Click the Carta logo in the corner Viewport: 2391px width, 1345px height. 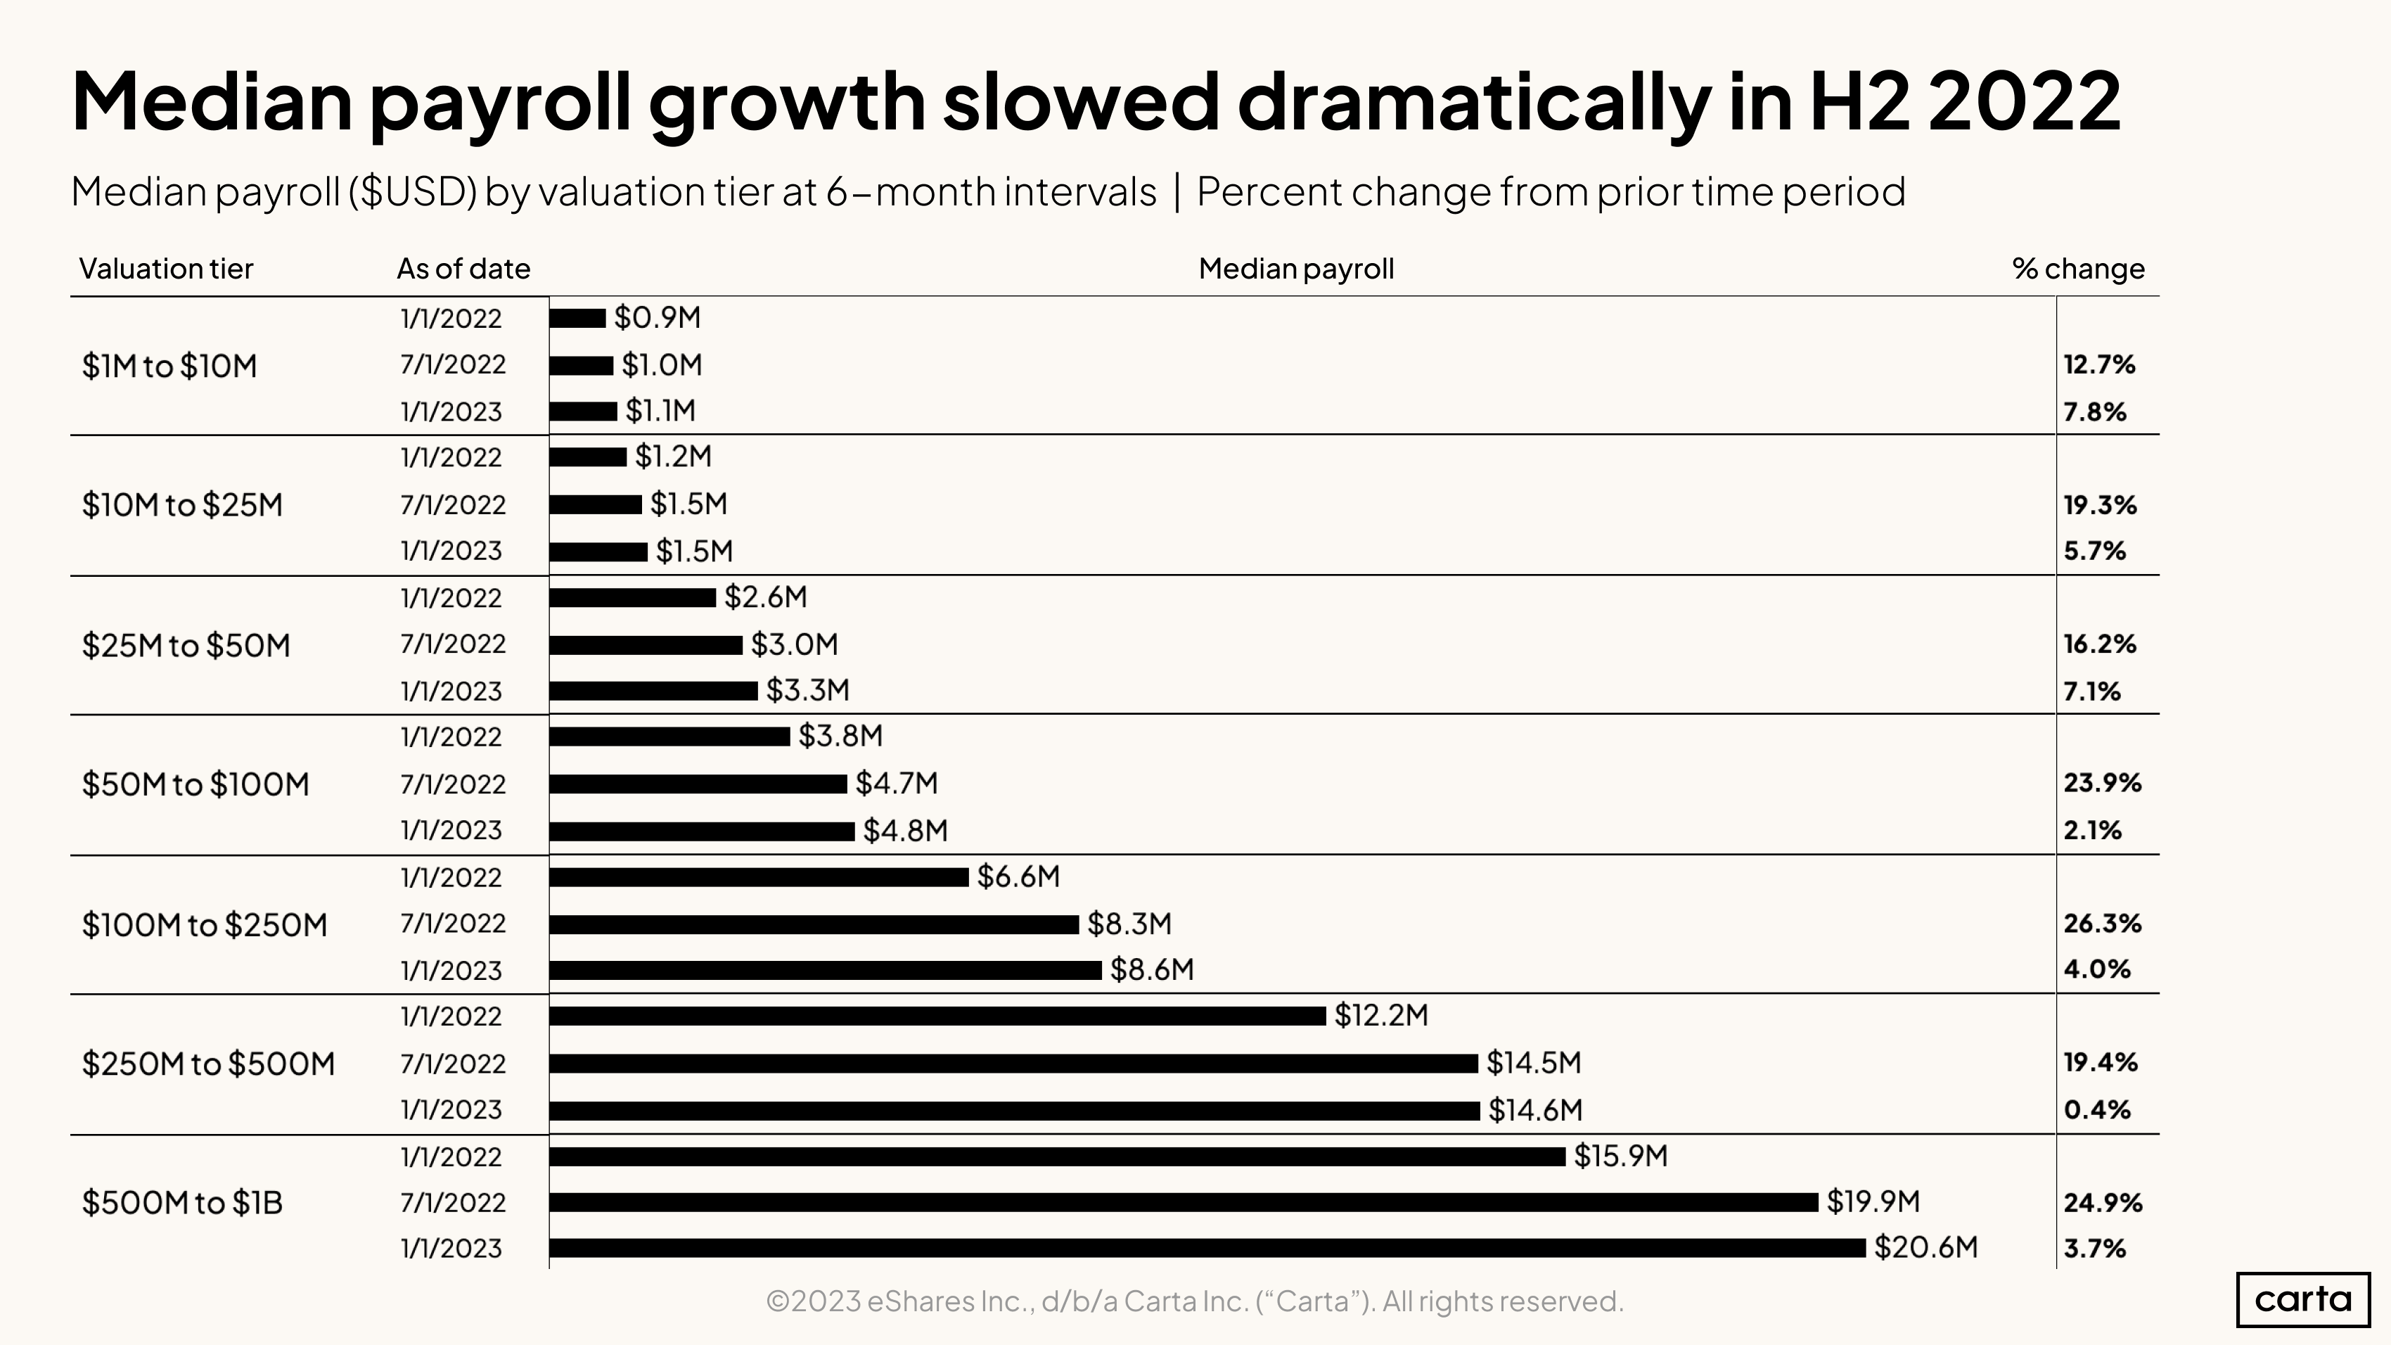2303,1299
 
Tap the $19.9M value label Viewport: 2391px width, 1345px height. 1872,1202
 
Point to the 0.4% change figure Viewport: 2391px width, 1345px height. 2097,1110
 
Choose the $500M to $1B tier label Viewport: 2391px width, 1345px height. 182,1203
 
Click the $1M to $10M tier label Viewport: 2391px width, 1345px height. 169,366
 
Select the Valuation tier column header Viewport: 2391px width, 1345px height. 166,269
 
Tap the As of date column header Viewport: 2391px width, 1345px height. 463,269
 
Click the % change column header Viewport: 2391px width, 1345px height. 2078,269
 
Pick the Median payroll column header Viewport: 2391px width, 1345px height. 1296,269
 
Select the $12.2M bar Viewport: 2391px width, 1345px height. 937,1016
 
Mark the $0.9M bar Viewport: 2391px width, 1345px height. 577,319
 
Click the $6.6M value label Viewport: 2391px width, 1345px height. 1018,877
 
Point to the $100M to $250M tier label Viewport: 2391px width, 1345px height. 204,924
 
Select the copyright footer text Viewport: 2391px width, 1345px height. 1195,1301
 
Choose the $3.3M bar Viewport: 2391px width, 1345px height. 653,691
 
